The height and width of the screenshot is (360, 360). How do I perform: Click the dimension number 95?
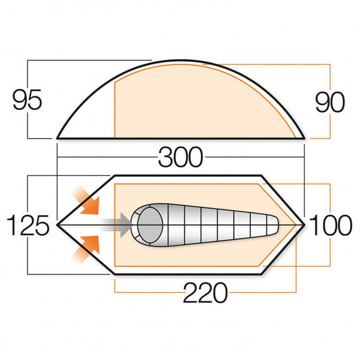(27, 100)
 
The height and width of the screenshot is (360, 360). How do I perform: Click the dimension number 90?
(330, 102)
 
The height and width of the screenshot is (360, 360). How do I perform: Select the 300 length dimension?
(181, 157)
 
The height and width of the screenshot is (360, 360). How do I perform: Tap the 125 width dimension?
(27, 226)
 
